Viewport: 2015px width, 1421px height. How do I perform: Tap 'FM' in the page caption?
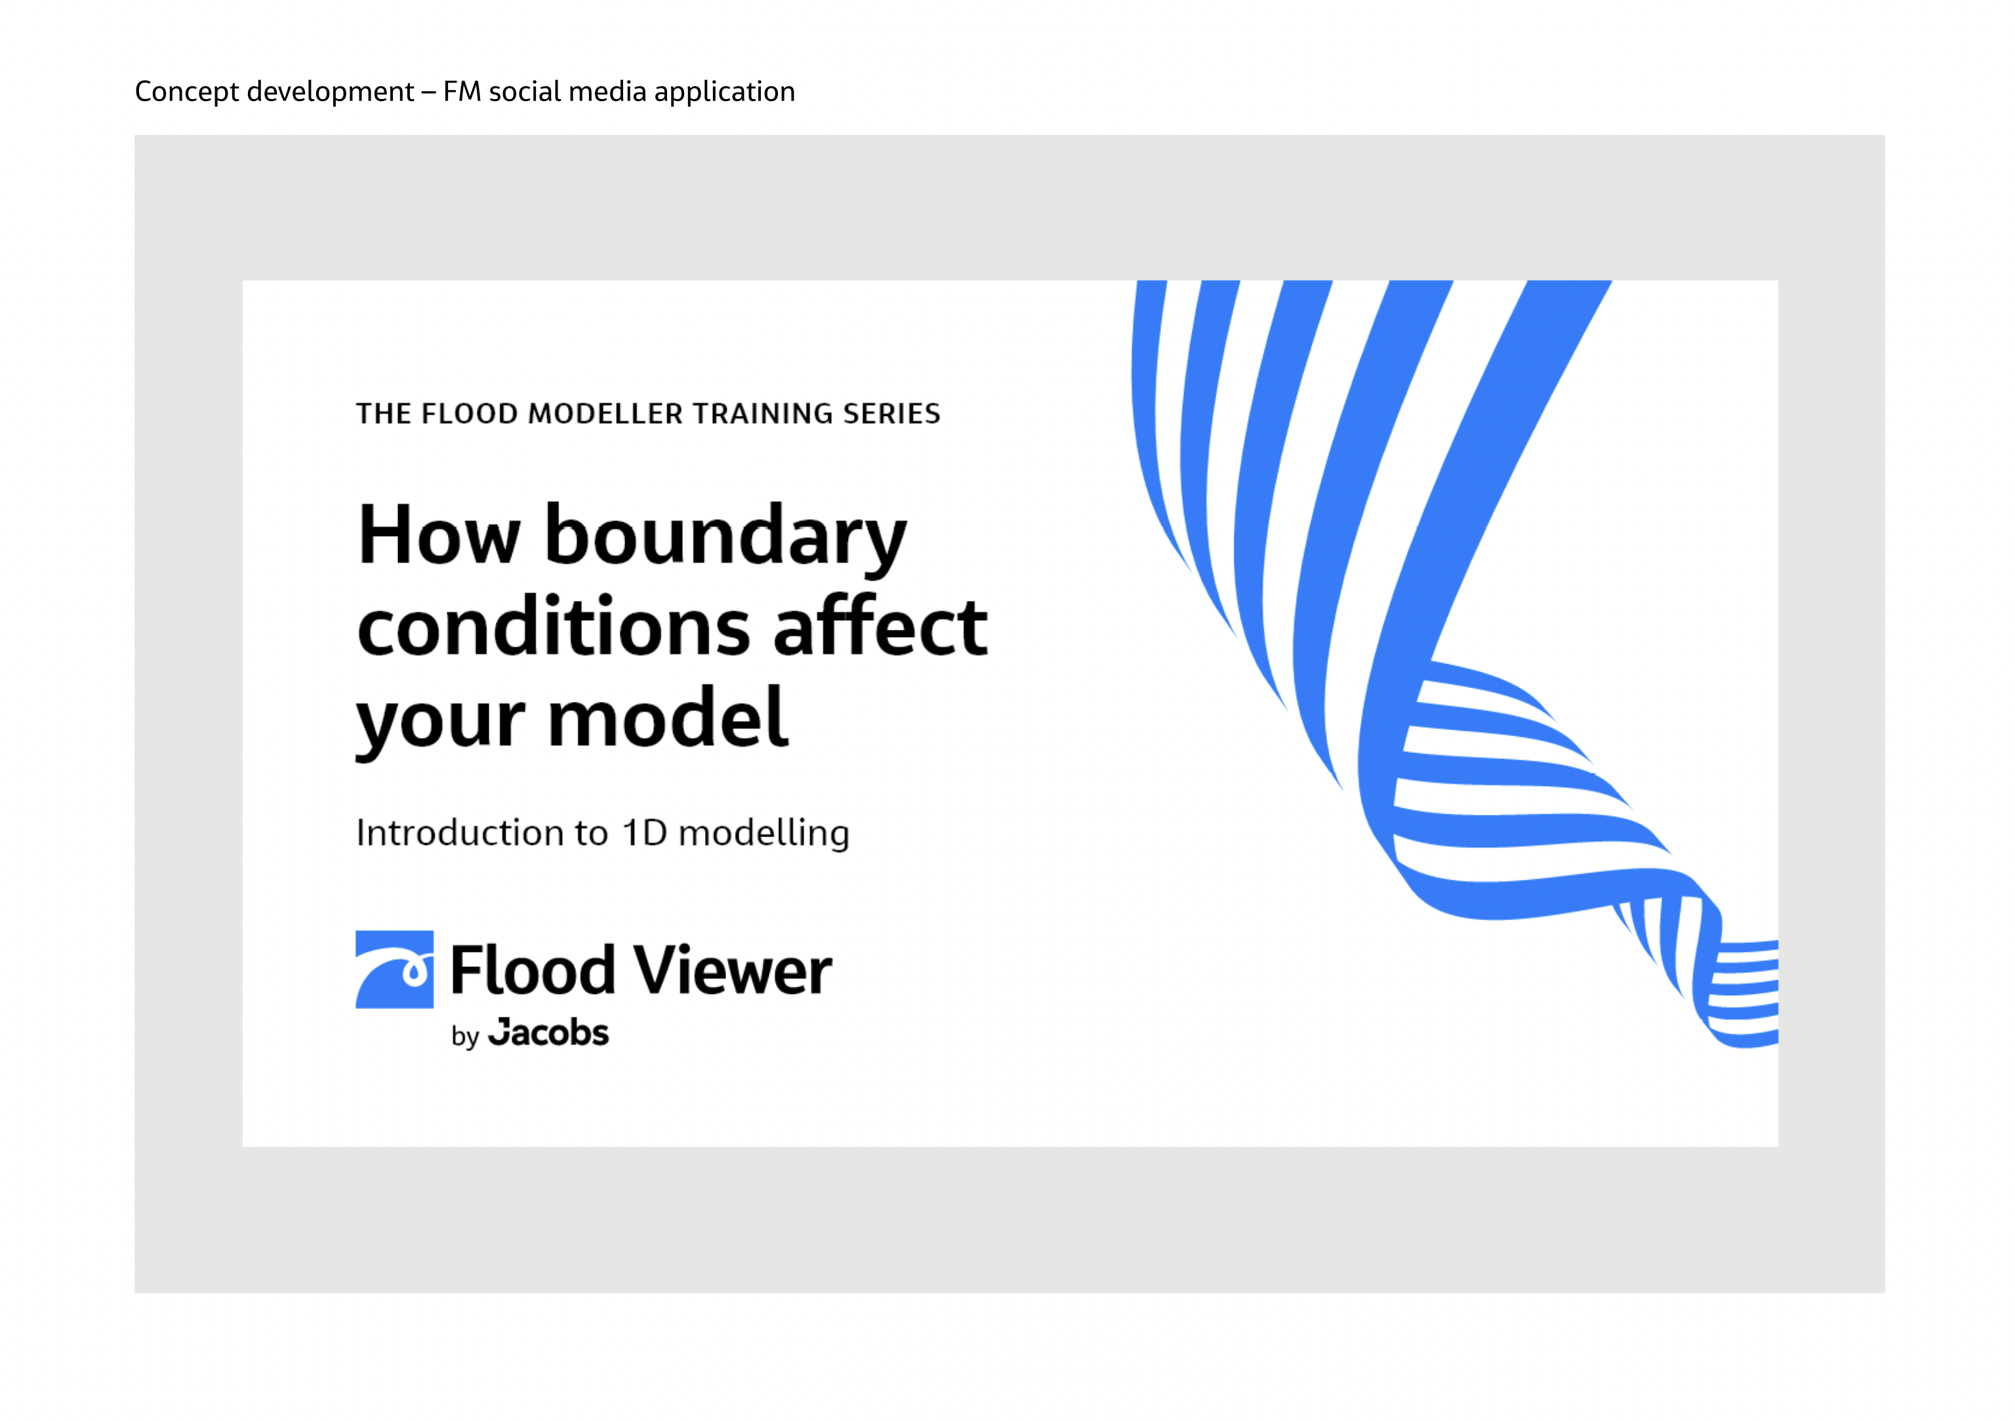pyautogui.click(x=462, y=91)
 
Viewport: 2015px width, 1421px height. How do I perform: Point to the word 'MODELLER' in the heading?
pyautogui.click(x=605, y=413)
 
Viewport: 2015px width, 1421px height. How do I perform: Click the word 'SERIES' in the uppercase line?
pyautogui.click(x=891, y=413)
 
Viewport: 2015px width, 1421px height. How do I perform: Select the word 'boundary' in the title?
pyautogui.click(x=725, y=537)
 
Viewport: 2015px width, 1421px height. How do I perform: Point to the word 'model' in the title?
pyautogui.click(x=667, y=717)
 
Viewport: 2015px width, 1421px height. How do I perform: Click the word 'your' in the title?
pyautogui.click(x=439, y=724)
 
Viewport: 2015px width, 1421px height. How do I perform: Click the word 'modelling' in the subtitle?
pyautogui.click(x=763, y=834)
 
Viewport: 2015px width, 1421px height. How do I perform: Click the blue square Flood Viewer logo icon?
pyautogui.click(x=394, y=969)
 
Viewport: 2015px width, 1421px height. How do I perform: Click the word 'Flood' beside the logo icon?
pyautogui.click(x=533, y=971)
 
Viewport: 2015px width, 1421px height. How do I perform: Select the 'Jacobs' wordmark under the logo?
pyautogui.click(x=548, y=1033)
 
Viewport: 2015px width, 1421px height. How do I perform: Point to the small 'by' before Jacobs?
pyautogui.click(x=465, y=1037)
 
